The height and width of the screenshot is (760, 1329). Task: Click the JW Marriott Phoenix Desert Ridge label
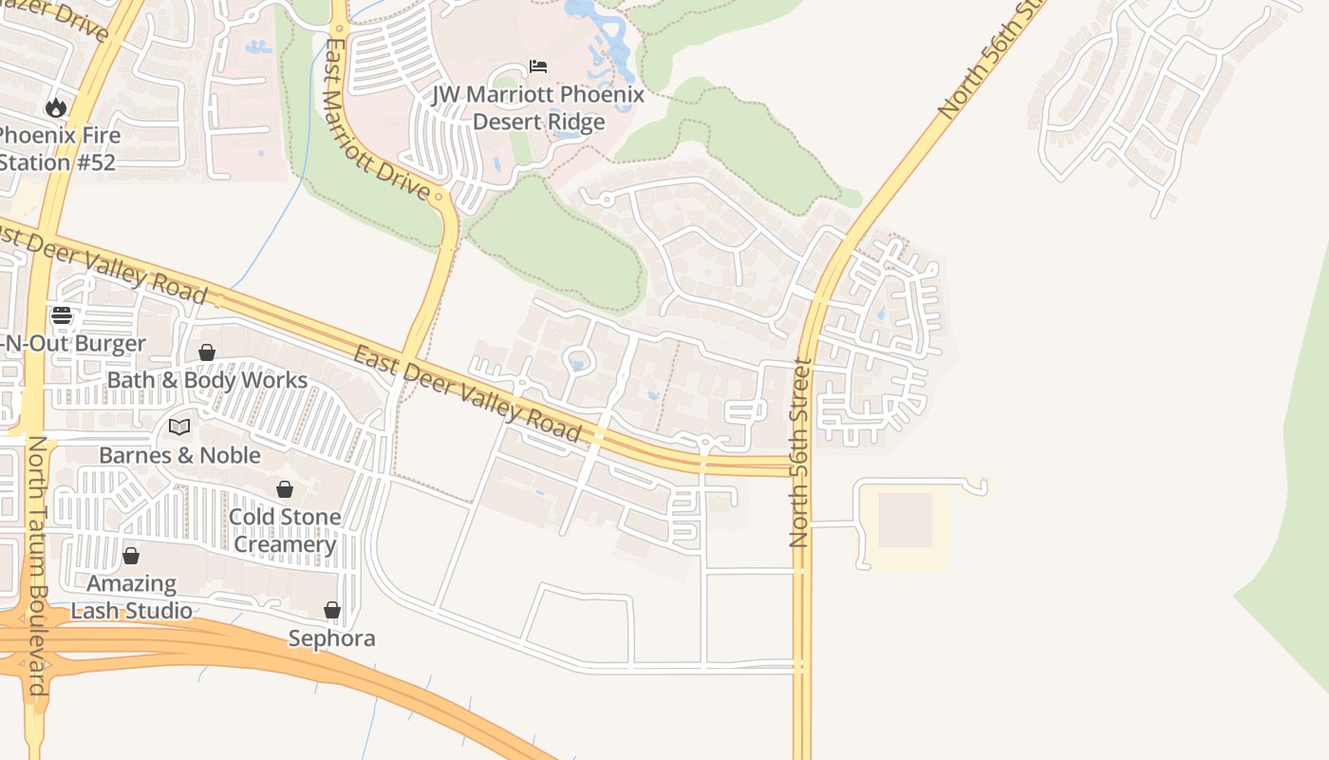click(x=538, y=108)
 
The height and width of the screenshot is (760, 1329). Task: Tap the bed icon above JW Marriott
click(x=538, y=66)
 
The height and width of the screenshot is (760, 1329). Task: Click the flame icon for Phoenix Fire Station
click(x=56, y=107)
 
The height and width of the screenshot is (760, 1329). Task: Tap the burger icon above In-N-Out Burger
click(x=62, y=315)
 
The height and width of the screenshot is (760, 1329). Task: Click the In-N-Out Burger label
click(x=74, y=344)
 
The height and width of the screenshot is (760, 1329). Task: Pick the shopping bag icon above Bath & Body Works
click(x=206, y=352)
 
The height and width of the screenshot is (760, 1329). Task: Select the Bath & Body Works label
click(x=207, y=380)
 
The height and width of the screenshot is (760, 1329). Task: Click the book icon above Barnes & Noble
click(x=179, y=427)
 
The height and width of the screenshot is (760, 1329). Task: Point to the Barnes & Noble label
click(x=179, y=455)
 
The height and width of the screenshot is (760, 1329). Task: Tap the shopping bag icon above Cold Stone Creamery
click(x=284, y=489)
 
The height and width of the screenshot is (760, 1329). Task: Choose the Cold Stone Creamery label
click(x=285, y=530)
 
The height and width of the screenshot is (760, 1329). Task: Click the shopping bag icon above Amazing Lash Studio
click(x=131, y=556)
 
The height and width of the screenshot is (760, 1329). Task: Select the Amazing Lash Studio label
click(x=132, y=597)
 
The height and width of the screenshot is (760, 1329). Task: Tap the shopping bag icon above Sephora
click(x=331, y=610)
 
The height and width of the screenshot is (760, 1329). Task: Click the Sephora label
click(x=331, y=638)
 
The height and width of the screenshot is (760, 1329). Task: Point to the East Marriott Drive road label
click(x=377, y=119)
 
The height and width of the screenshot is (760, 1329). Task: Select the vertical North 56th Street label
click(x=799, y=452)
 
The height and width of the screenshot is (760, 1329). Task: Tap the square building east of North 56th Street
click(x=905, y=520)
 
